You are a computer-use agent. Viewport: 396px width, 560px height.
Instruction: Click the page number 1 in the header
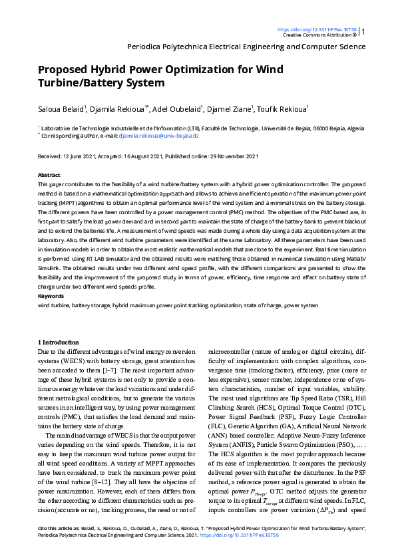363,31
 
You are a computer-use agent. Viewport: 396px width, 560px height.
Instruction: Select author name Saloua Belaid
61,108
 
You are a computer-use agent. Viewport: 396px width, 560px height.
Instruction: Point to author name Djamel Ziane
244,108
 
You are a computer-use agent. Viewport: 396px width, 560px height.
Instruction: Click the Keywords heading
51,295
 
